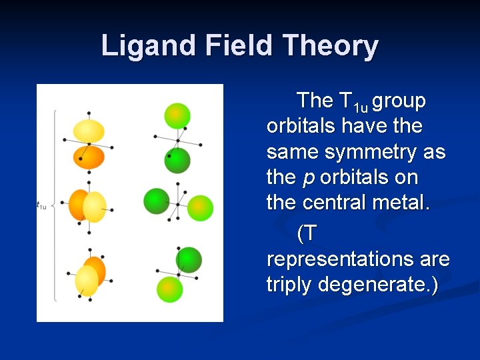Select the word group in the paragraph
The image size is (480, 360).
399,101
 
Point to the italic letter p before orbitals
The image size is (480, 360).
308,179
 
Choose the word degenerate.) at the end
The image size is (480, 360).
379,285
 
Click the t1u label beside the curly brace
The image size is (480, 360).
41,205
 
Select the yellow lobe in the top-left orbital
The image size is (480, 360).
89,131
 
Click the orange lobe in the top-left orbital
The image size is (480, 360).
89,157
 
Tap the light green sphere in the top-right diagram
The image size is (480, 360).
177,115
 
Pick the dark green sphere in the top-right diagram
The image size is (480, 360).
177,160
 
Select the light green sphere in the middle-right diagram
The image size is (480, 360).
200,208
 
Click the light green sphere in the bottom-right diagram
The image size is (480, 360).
169,289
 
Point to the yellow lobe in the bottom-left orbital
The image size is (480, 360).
87,281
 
